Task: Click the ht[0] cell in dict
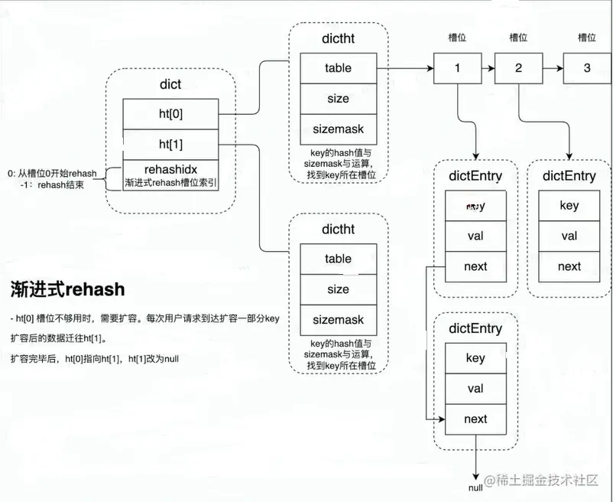(x=170, y=114)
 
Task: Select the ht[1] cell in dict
(x=170, y=144)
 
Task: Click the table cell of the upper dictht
(x=338, y=68)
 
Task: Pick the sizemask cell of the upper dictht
(x=338, y=129)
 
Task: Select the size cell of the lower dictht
(x=338, y=289)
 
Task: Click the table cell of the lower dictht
(x=338, y=259)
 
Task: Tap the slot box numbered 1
(x=457, y=68)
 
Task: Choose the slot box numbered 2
(x=518, y=68)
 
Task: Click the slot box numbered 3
(x=587, y=68)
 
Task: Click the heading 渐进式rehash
(x=67, y=289)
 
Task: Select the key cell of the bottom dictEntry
(x=475, y=358)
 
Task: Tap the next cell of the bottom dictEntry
(x=475, y=419)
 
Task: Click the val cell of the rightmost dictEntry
(x=569, y=236)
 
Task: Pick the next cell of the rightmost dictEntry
(x=569, y=266)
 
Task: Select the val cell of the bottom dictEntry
(x=475, y=389)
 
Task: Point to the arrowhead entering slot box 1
(x=430, y=68)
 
